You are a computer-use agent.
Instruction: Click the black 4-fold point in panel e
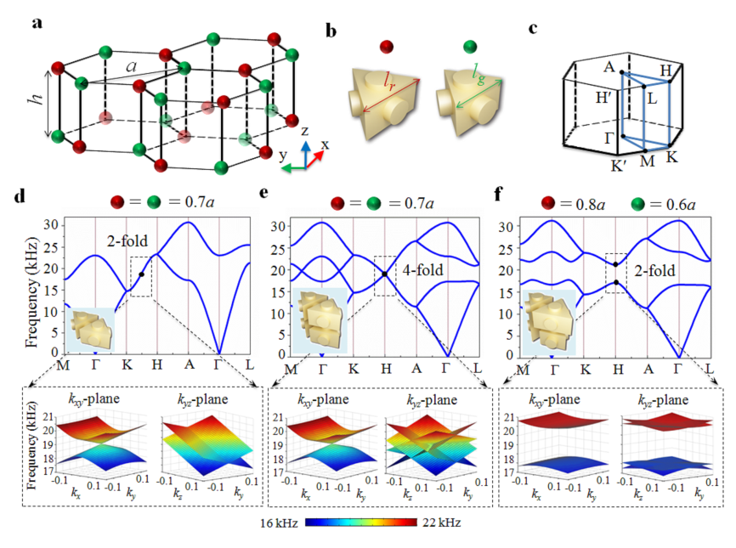385,274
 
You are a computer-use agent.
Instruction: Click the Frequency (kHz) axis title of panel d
32,281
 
